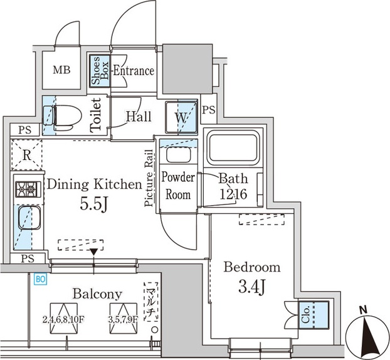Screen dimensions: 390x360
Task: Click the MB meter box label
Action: tap(61, 70)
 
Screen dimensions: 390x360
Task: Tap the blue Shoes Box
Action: tap(100, 71)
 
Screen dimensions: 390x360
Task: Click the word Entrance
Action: tap(134, 71)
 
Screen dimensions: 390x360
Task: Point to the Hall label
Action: tap(139, 116)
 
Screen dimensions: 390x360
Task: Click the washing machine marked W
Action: tap(181, 117)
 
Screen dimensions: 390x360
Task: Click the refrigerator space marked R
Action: tap(26, 155)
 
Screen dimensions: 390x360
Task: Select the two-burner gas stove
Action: tap(28, 189)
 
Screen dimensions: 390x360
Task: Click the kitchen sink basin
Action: tap(29, 218)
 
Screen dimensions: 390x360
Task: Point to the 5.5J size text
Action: tap(94, 205)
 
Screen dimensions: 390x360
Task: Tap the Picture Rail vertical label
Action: tap(149, 178)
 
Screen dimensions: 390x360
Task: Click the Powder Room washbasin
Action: tap(178, 154)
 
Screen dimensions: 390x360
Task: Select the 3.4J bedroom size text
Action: tap(252, 287)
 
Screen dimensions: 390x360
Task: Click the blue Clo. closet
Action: tap(314, 315)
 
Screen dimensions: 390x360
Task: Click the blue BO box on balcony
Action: tap(40, 279)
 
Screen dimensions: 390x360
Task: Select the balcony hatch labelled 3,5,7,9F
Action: tap(124, 319)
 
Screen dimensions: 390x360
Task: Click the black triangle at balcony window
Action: tap(94, 251)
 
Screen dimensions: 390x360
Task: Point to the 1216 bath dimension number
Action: tap(233, 194)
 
